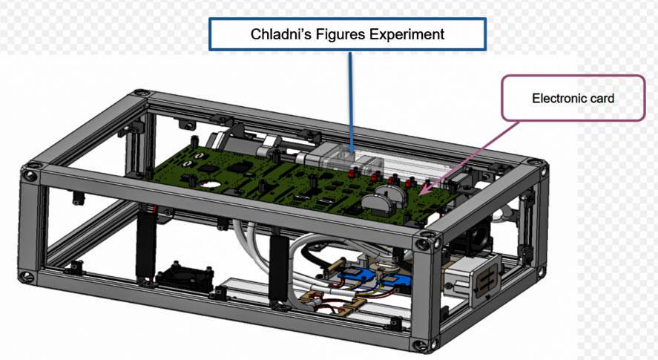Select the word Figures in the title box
pyautogui.click(x=335, y=34)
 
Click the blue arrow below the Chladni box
pyautogui.click(x=350, y=104)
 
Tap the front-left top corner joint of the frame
pyautogui.click(x=31, y=175)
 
